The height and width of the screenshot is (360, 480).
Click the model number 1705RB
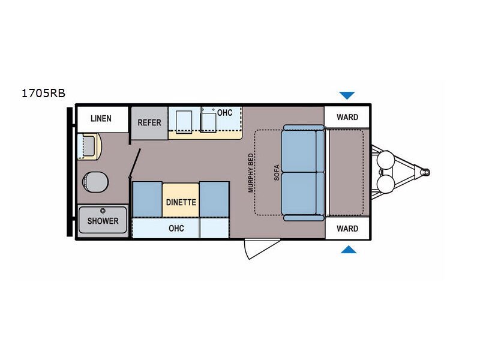pyautogui.click(x=43, y=93)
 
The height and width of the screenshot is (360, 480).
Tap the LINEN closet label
pyautogui.click(x=101, y=118)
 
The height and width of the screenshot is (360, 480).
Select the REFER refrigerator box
pyautogui.click(x=149, y=123)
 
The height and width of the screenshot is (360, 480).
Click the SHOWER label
pyautogui.click(x=103, y=221)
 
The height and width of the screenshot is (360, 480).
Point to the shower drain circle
pyautogui.click(x=103, y=211)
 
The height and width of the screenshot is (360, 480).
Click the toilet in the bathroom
pyautogui.click(x=95, y=182)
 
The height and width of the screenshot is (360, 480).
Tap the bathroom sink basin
pyautogui.click(x=88, y=145)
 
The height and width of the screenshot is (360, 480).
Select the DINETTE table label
pyautogui.click(x=181, y=202)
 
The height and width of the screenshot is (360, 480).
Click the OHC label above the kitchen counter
pyautogui.click(x=224, y=113)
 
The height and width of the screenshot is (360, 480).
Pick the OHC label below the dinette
pyautogui.click(x=176, y=228)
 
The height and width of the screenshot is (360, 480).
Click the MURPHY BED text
pyautogui.click(x=251, y=173)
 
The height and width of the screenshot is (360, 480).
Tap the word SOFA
pyautogui.click(x=277, y=173)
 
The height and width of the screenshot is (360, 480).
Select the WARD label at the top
pyautogui.click(x=347, y=117)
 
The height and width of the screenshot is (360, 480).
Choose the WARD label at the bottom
pyautogui.click(x=347, y=229)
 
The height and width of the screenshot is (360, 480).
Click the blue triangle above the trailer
pyautogui.click(x=347, y=95)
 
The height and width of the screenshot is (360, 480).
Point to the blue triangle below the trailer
pyautogui.click(x=349, y=250)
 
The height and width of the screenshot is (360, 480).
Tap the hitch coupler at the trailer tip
pyautogui.click(x=425, y=172)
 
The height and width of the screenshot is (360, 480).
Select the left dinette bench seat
pyautogui.click(x=147, y=199)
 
